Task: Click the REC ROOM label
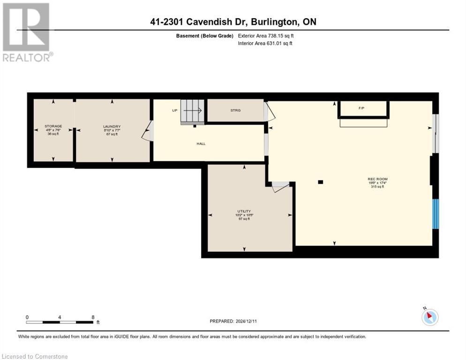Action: [x=377, y=179]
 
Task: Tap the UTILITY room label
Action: [x=243, y=211]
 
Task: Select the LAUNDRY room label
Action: [x=112, y=127]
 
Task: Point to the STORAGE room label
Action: [x=53, y=127]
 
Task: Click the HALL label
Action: [x=201, y=144]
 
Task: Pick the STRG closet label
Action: [x=235, y=111]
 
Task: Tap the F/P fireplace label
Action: [x=361, y=108]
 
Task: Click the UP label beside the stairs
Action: [x=174, y=111]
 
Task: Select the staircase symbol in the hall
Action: [x=193, y=111]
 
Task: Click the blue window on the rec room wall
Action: [x=435, y=214]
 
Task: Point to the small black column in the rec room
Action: [x=320, y=182]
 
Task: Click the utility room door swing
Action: [x=280, y=187]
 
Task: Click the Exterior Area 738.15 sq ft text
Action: [x=266, y=36]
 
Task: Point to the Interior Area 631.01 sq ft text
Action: [x=265, y=44]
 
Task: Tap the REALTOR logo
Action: [x=27, y=32]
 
